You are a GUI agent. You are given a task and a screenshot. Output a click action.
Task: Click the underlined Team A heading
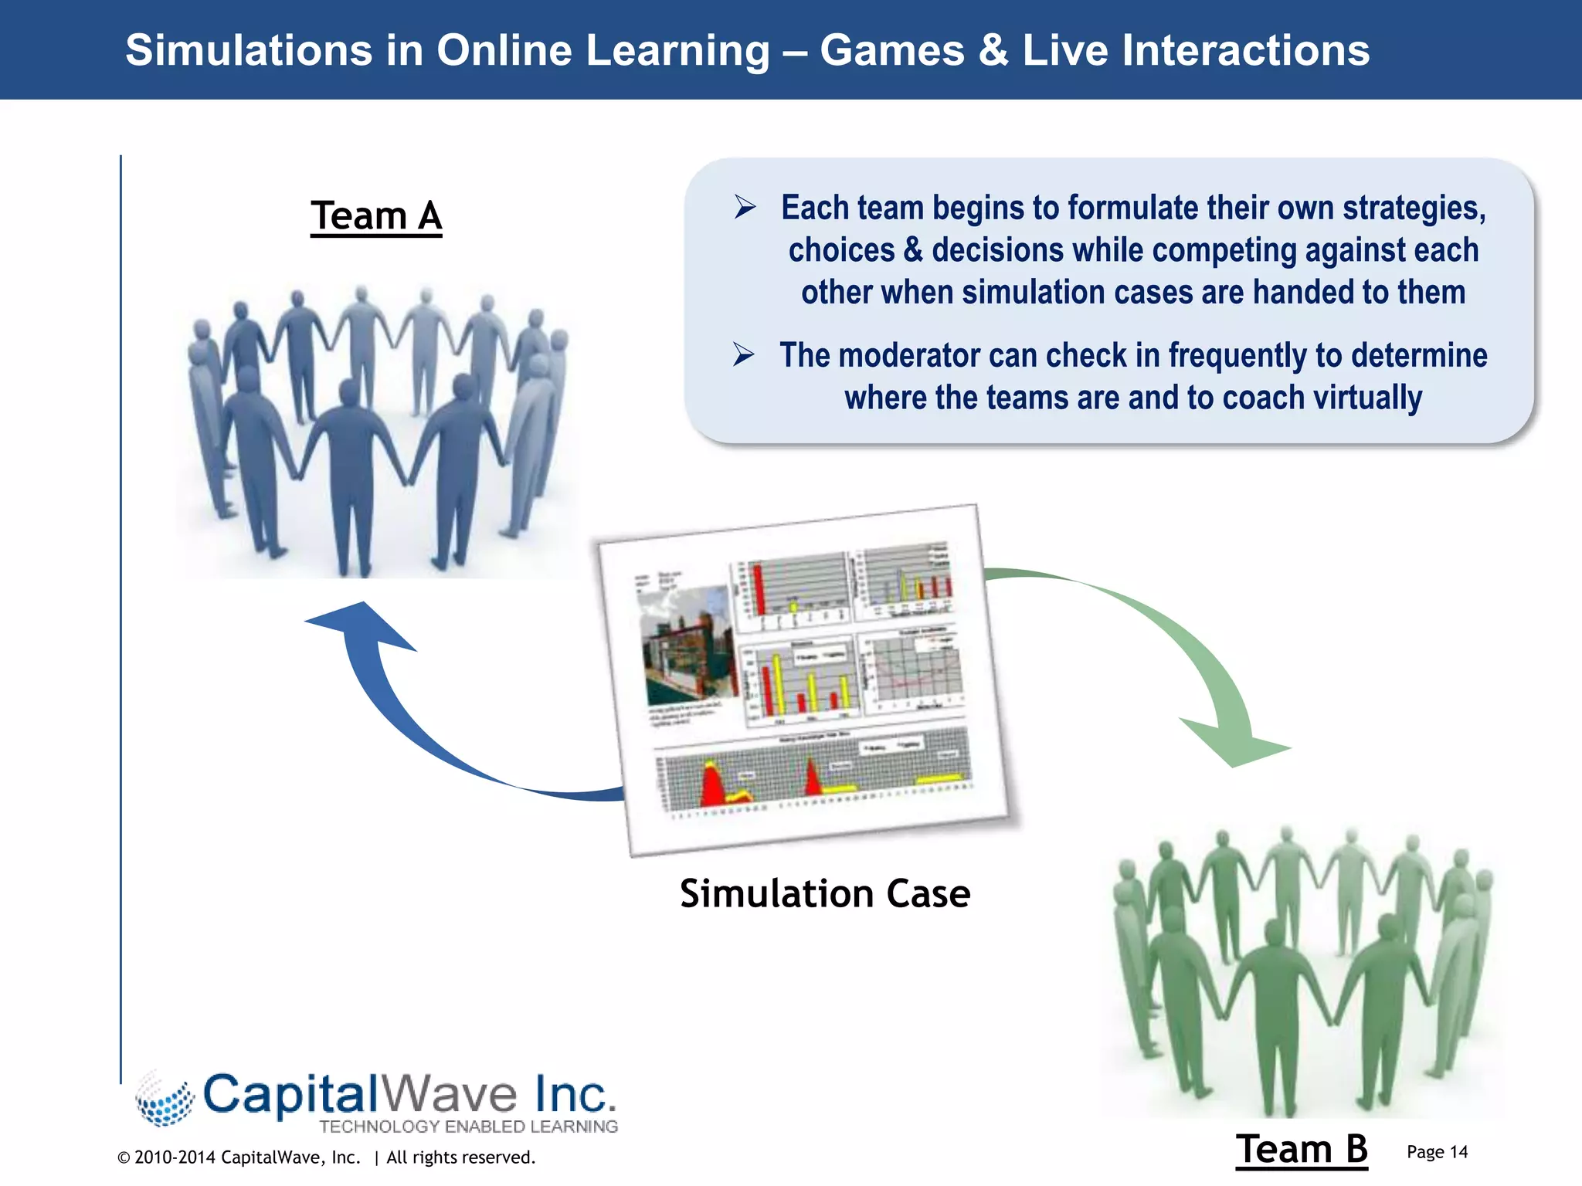click(376, 216)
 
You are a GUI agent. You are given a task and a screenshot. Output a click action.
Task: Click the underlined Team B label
click(1302, 1149)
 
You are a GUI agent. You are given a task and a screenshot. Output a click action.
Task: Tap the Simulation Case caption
click(825, 894)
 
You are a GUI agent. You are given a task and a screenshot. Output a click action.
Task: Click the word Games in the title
click(892, 51)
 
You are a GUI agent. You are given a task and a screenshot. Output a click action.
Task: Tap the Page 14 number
click(1437, 1152)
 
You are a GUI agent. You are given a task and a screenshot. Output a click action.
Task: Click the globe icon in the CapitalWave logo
click(165, 1100)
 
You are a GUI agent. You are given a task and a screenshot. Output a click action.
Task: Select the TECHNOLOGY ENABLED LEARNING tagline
click(469, 1127)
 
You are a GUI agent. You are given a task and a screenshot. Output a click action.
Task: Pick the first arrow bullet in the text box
click(745, 207)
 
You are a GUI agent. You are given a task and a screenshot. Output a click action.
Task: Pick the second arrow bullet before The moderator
click(743, 354)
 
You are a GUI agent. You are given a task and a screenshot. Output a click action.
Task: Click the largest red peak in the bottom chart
click(712, 784)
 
